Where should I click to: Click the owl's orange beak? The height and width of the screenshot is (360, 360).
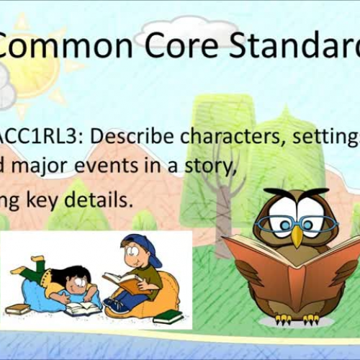coord(297,236)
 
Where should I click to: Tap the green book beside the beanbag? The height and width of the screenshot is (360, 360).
coord(168,316)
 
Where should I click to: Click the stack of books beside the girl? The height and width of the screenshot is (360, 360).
coord(18,310)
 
